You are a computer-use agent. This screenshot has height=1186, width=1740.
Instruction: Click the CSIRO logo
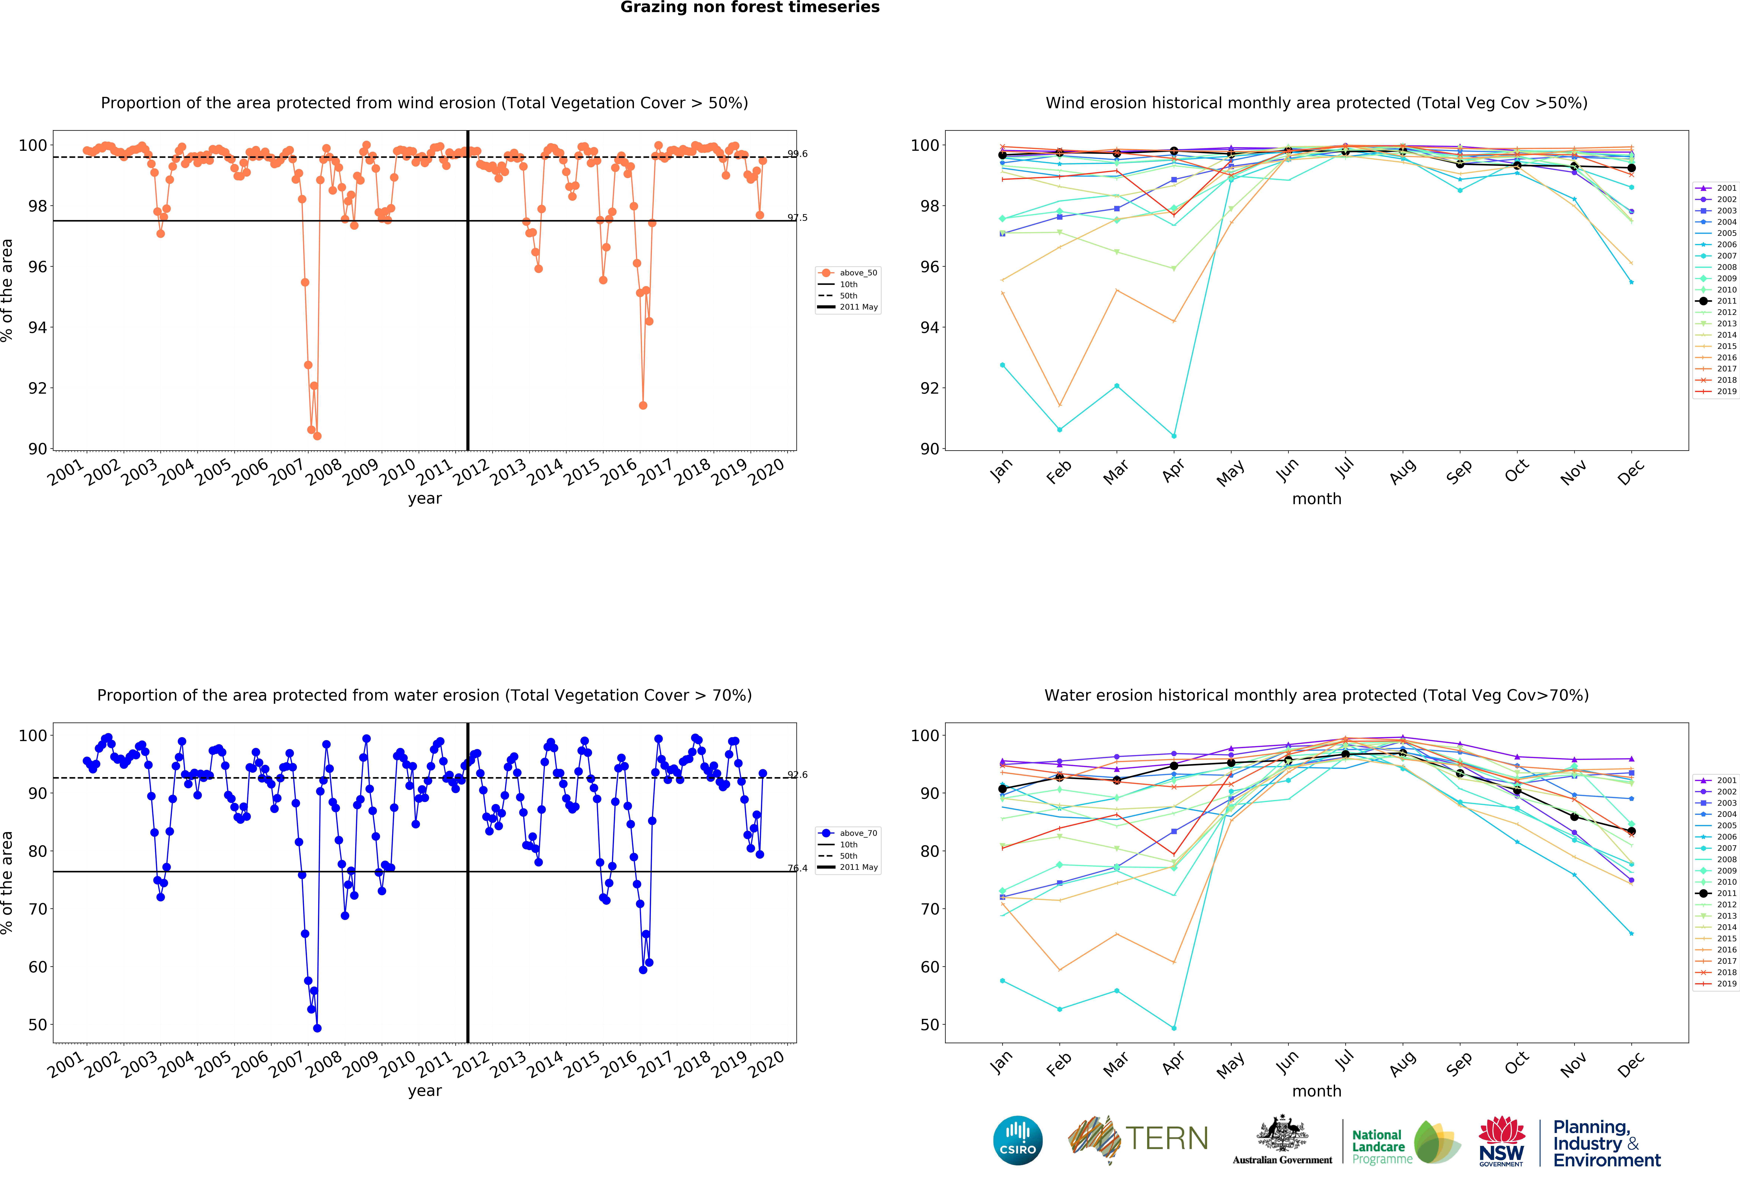(1017, 1140)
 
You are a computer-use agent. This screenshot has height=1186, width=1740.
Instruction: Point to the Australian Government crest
(1283, 1133)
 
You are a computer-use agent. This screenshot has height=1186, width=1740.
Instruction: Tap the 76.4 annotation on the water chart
(797, 868)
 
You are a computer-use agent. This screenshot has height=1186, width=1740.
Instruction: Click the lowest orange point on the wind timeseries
(317, 436)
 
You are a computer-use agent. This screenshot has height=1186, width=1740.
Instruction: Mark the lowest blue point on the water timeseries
(317, 1028)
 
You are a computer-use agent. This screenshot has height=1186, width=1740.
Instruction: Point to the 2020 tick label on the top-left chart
(767, 472)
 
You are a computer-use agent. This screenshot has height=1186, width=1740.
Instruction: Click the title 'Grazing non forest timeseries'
(749, 7)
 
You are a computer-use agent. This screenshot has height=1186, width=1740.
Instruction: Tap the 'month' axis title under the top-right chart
(1316, 499)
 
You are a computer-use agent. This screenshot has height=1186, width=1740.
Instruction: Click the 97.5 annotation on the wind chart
(797, 218)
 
